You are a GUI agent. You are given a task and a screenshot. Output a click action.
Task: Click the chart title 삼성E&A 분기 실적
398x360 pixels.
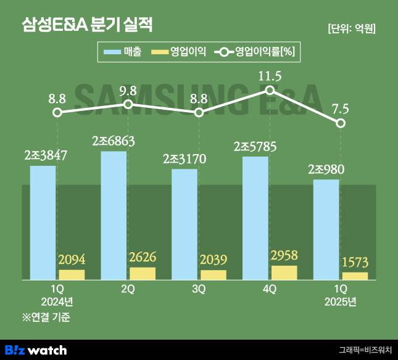[x=86, y=25]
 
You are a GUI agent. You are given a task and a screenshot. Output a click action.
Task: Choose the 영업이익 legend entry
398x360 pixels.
[x=178, y=52]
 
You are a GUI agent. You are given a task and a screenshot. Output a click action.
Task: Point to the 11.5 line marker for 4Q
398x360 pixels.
[x=270, y=90]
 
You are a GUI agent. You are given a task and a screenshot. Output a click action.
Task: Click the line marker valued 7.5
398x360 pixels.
[x=341, y=123]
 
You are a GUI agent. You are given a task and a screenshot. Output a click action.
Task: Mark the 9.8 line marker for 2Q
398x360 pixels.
[x=128, y=104]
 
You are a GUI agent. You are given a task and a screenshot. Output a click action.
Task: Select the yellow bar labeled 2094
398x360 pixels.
[x=72, y=275]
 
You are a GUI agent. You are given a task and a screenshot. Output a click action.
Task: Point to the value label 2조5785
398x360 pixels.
[x=255, y=147]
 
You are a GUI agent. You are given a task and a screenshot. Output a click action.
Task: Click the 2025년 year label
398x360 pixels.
[x=341, y=302]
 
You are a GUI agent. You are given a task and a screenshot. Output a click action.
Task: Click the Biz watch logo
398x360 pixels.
[x=36, y=350]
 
